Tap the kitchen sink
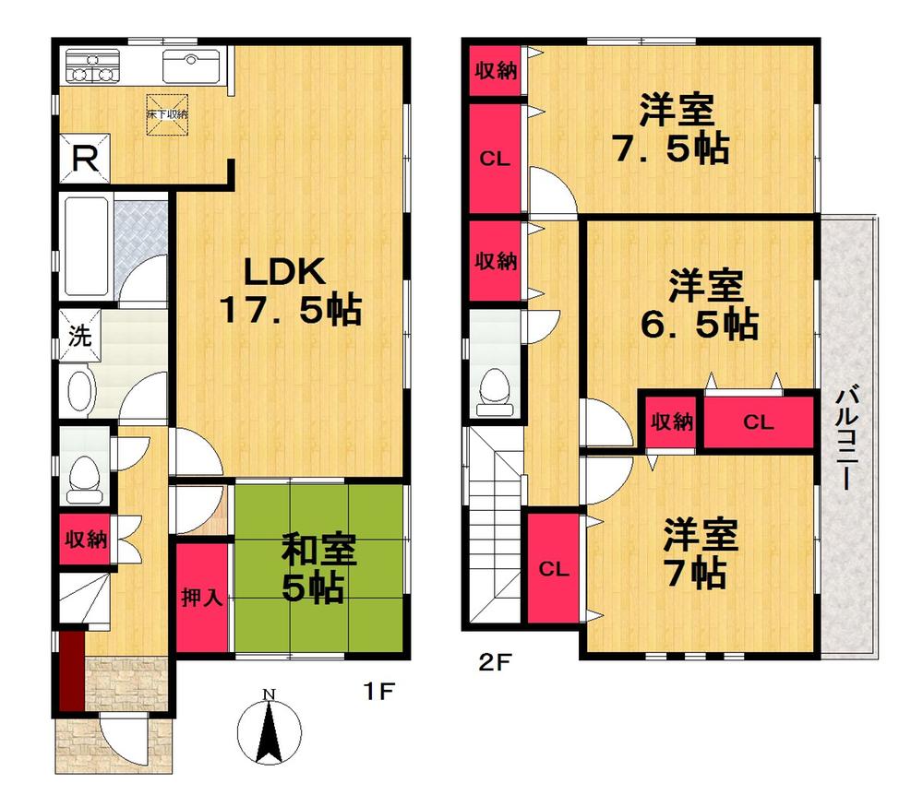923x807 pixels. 190,66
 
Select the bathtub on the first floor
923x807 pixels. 85,245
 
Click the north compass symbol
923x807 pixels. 269,729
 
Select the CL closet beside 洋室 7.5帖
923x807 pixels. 495,158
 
